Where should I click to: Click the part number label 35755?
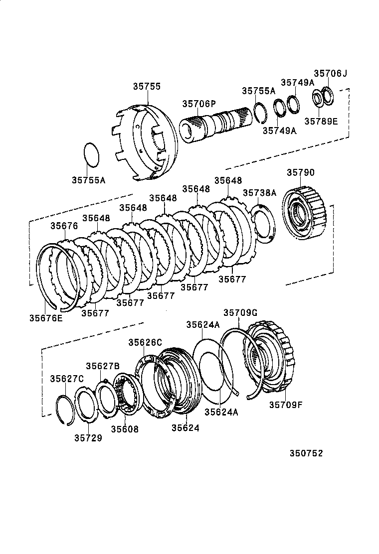pyautogui.click(x=147, y=86)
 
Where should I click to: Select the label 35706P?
pyautogui.click(x=198, y=104)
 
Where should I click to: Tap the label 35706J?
pyautogui.click(x=330, y=73)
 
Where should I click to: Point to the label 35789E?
pyautogui.click(x=321, y=121)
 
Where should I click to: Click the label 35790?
pyautogui.click(x=301, y=172)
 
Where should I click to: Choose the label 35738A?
pyautogui.click(x=259, y=193)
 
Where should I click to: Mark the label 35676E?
pyautogui.click(x=46, y=318)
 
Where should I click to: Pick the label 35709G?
pyautogui.click(x=240, y=313)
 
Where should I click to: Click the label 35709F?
pyautogui.click(x=286, y=405)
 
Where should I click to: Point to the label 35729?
pyautogui.click(x=88, y=438)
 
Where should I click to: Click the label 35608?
pyautogui.click(x=125, y=429)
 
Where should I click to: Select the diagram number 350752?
pyautogui.click(x=306, y=453)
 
